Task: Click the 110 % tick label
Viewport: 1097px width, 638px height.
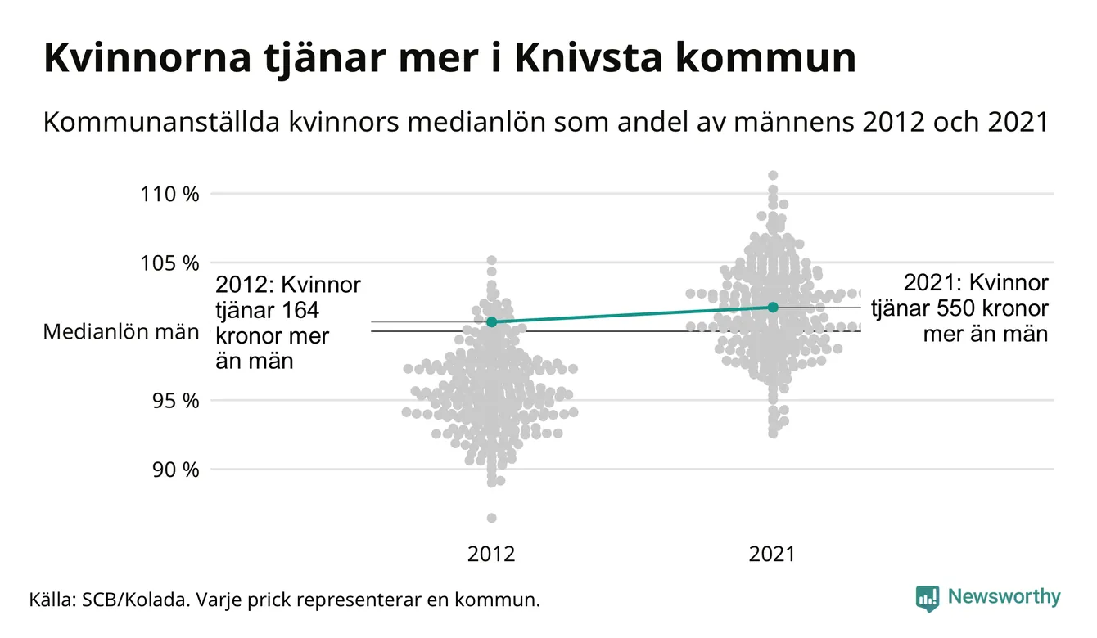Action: pos(169,195)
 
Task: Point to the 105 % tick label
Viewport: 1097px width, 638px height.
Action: pos(169,263)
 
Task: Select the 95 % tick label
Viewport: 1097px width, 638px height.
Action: pos(174,401)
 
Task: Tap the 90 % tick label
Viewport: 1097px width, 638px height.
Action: pos(174,470)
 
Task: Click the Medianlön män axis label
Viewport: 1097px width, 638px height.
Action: pos(121,332)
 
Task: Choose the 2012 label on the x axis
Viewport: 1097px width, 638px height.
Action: pos(491,555)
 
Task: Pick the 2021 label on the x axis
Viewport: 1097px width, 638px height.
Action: pos(772,555)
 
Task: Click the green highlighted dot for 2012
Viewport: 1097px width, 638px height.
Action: pos(491,322)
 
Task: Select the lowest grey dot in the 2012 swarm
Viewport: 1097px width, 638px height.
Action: pos(491,518)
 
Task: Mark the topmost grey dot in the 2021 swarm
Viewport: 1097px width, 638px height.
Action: pos(772,175)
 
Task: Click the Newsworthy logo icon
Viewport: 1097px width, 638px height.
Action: pos(927,598)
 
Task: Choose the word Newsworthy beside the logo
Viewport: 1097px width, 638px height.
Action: pos(1004,597)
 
